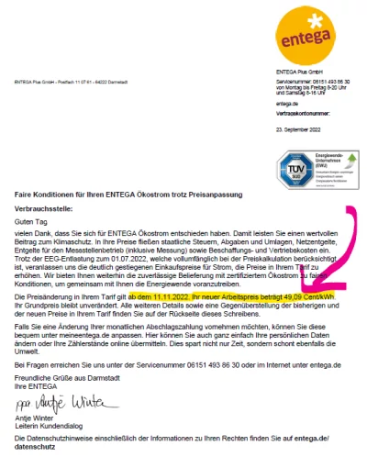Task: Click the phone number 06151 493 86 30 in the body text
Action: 184,366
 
